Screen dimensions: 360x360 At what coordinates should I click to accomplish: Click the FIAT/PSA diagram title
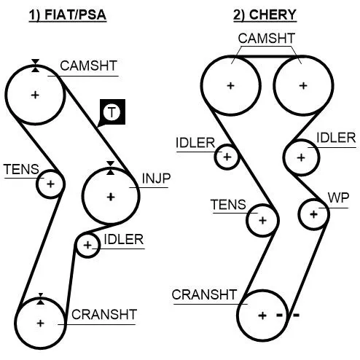(x=68, y=15)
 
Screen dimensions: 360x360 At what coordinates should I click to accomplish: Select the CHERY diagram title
(x=265, y=15)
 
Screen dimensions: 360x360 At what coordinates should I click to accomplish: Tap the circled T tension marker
(x=111, y=112)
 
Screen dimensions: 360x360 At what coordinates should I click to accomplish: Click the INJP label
(x=156, y=179)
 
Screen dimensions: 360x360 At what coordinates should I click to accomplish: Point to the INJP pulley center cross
(x=111, y=197)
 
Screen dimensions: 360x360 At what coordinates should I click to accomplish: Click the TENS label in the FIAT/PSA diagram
(x=21, y=169)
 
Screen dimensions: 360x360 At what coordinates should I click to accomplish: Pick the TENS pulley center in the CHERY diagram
(x=262, y=220)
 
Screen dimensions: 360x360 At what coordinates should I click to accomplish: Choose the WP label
(x=338, y=198)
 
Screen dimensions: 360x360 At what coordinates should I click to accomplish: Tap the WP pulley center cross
(x=313, y=214)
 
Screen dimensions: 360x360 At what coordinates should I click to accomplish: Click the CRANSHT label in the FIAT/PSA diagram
(x=104, y=315)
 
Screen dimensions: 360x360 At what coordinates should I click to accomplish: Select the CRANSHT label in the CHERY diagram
(x=204, y=294)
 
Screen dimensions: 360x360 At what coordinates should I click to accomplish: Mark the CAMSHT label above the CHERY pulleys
(x=267, y=39)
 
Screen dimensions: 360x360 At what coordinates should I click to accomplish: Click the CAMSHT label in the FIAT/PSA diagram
(x=89, y=66)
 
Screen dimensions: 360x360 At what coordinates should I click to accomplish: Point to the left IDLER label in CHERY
(x=195, y=143)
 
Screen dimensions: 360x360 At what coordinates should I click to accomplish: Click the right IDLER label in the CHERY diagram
(x=336, y=138)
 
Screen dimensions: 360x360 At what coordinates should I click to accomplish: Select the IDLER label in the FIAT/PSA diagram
(x=124, y=240)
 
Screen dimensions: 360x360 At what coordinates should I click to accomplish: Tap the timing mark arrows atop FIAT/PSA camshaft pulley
(x=35, y=66)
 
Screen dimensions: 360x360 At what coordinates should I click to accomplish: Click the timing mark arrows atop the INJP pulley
(x=111, y=168)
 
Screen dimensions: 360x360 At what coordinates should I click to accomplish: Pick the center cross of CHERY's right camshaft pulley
(x=303, y=85)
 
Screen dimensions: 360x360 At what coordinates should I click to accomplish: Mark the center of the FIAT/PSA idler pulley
(x=87, y=245)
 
